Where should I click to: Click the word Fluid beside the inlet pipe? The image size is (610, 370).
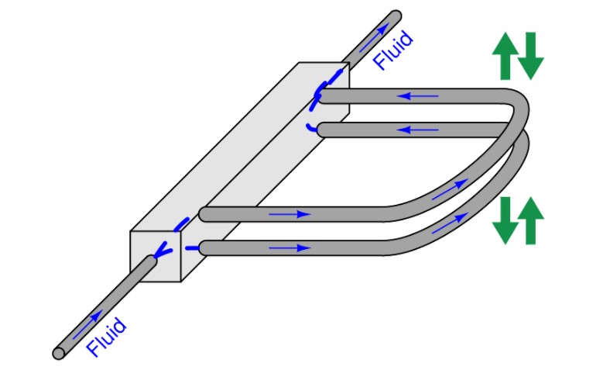[106, 337]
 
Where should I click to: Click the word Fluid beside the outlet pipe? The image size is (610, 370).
[392, 50]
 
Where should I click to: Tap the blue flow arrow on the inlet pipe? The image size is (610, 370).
[88, 324]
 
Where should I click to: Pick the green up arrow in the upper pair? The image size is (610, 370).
[505, 56]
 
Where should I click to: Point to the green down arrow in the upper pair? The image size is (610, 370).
[530, 56]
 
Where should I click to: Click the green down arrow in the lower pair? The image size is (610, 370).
[505, 220]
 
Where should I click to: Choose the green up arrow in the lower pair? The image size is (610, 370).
[530, 220]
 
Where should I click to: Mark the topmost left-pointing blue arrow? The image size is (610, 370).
[418, 96]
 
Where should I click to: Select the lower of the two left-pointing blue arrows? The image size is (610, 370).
[418, 130]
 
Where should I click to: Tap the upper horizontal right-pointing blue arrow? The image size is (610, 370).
[290, 214]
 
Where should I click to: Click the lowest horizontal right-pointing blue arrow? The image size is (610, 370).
[290, 248]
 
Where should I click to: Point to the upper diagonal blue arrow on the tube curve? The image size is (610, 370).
[450, 189]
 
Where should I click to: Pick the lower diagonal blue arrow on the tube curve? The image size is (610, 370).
[450, 223]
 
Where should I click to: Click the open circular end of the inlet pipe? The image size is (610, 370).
[59, 353]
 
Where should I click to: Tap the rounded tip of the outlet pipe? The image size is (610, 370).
[396, 16]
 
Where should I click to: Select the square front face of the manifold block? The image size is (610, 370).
[156, 256]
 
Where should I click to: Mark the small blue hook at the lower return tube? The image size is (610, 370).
[311, 127]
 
